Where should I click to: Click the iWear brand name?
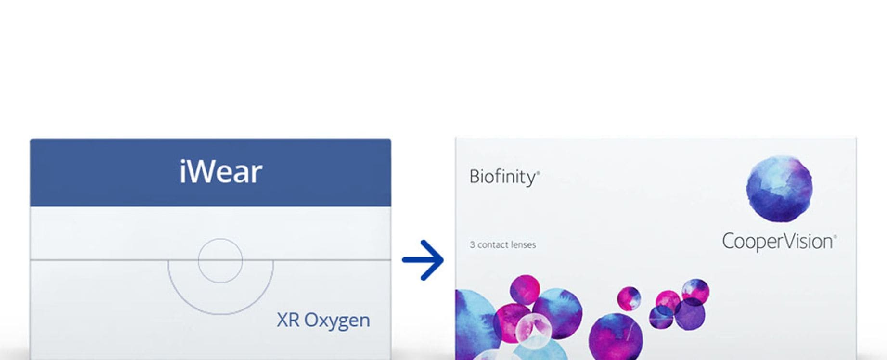[221, 171]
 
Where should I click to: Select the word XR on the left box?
[288, 320]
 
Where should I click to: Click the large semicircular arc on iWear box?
[220, 314]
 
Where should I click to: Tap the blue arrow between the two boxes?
[423, 260]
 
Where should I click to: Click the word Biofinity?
[502, 177]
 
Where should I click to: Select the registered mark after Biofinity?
[538, 172]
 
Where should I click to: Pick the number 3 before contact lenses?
[472, 244]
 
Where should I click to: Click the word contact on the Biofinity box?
[492, 245]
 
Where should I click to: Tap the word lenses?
[523, 244]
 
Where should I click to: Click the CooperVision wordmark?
[777, 242]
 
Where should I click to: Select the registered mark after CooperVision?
[835, 237]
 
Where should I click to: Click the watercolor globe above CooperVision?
[779, 189]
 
